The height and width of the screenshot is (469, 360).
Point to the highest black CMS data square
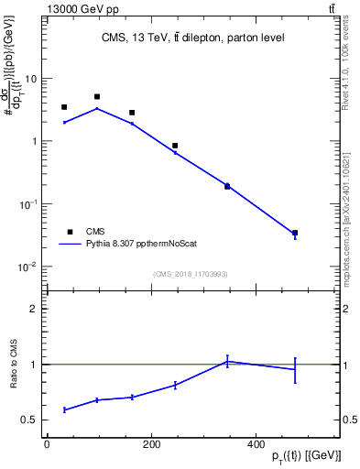pyautogui.click(x=97, y=96)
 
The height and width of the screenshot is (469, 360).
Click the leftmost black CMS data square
pyautogui.click(x=64, y=107)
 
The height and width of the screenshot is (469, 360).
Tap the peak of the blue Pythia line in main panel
pyautogui.click(x=97, y=108)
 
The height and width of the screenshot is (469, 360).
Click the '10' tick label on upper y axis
pyautogui.click(x=30, y=79)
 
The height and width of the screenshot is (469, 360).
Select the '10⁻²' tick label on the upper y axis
pyautogui.click(x=28, y=267)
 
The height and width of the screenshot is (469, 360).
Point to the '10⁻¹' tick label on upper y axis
pyautogui.click(x=28, y=204)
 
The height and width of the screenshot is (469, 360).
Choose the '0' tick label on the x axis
pyautogui.click(x=47, y=445)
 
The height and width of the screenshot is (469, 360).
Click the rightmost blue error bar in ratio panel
pyautogui.click(x=320, y=370)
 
